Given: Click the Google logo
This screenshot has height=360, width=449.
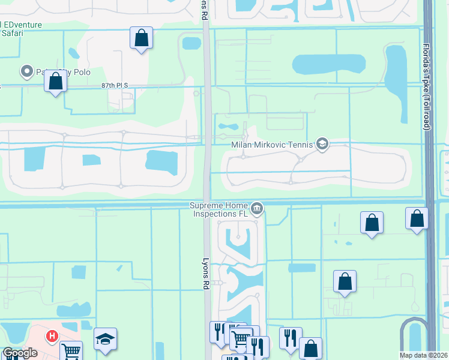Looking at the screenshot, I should coord(19,353).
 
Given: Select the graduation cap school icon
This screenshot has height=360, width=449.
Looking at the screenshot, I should coord(105,339).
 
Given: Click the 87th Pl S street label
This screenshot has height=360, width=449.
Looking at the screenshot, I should coord(116,86).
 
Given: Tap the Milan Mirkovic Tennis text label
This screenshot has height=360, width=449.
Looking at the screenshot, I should coord(273,144).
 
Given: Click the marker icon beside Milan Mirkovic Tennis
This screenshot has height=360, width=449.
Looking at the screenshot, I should coord(322,144).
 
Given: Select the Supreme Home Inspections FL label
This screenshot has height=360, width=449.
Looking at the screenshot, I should coord(219,209).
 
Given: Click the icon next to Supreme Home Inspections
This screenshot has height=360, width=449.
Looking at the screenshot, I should coord(257,209).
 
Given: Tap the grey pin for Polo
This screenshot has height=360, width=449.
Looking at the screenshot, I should coord(26,72).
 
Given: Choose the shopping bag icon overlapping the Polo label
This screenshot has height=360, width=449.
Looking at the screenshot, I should coord(55,82).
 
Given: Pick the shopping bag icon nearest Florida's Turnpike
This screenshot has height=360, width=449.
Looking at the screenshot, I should coord(417,218).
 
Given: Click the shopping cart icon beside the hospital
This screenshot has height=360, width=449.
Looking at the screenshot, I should coord(71,352).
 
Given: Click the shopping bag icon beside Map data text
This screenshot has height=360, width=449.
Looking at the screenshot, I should coord(310,348).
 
